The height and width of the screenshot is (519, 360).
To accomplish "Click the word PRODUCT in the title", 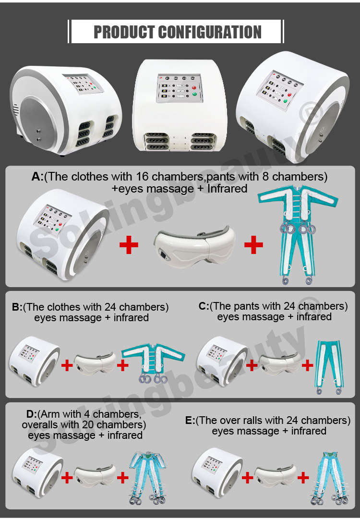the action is tap(124, 32).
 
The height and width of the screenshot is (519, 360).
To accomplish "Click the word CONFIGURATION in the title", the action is tap(210, 32).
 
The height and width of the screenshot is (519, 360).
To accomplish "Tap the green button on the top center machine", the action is tap(194, 95).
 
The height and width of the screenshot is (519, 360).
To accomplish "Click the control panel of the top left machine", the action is tap(83, 84).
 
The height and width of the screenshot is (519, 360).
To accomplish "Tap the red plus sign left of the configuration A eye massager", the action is tap(129, 245).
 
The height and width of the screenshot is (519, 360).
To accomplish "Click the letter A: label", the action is tap(37, 177).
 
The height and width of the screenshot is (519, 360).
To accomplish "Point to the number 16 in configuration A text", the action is tap(142, 176).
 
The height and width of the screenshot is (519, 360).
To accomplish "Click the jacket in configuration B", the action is tap(153, 363).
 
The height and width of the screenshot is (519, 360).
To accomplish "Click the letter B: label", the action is tap(17, 307).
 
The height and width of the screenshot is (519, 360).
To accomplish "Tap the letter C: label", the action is tap(204, 306).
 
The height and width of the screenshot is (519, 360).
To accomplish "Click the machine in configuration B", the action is tap(35, 361).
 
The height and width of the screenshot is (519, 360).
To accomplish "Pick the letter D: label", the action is tap(31, 414).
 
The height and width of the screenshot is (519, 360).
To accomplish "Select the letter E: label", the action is tap(190, 421).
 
